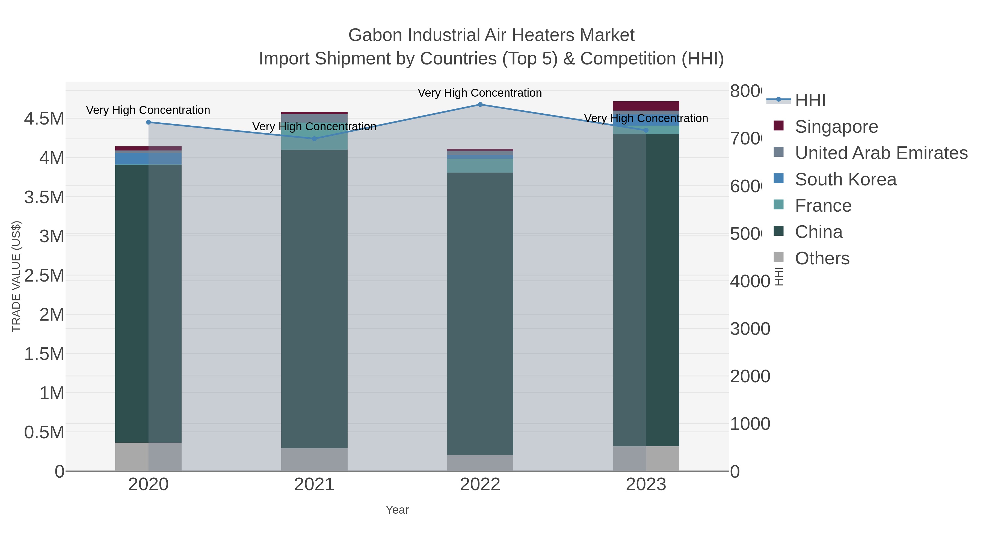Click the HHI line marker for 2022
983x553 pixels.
coord(480,105)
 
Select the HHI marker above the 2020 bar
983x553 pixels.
coord(149,122)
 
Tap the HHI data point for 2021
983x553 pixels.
coord(314,138)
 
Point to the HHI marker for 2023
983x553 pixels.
coord(646,130)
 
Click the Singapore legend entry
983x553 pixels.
coord(836,127)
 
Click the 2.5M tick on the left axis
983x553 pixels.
coord(44,276)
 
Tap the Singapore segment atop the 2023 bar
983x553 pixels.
coord(646,106)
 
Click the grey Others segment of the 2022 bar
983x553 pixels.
coord(480,463)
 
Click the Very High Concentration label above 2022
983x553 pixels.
coord(480,93)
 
